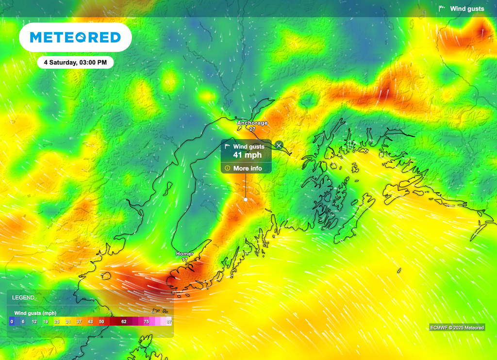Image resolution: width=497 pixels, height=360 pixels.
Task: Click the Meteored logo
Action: coord(75,37)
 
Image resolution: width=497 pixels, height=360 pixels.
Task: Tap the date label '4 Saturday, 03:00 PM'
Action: coord(75,63)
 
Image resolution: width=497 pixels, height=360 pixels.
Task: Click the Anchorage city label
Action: coord(252,123)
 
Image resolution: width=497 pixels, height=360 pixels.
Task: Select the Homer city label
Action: coord(184,254)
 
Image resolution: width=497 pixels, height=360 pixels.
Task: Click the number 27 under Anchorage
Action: coord(252,129)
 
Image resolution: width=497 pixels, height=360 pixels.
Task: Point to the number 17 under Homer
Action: coord(184,260)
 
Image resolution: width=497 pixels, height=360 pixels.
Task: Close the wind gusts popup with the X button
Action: coord(279,145)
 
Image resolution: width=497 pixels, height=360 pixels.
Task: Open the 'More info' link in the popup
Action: coord(248,168)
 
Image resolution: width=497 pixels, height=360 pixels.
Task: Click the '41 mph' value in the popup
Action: coord(248,155)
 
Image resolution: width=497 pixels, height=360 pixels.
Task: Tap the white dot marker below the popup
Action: coord(246,199)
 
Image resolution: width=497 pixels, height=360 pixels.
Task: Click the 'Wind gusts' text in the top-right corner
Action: coord(467,9)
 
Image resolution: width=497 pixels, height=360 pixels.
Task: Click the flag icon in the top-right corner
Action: coord(442,8)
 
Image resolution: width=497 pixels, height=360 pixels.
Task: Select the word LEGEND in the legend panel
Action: coord(23,297)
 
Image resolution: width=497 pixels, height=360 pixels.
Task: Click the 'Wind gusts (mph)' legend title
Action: coord(36,313)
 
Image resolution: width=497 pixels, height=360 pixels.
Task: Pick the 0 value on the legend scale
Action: coord(11,321)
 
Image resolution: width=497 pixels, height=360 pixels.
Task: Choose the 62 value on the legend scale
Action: coord(124,321)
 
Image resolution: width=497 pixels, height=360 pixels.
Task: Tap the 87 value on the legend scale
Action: coord(169,321)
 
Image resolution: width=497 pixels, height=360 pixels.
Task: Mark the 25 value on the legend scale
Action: coord(56,321)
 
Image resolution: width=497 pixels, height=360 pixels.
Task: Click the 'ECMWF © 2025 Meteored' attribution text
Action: coord(457,327)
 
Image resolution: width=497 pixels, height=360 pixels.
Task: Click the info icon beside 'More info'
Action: coord(227,168)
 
